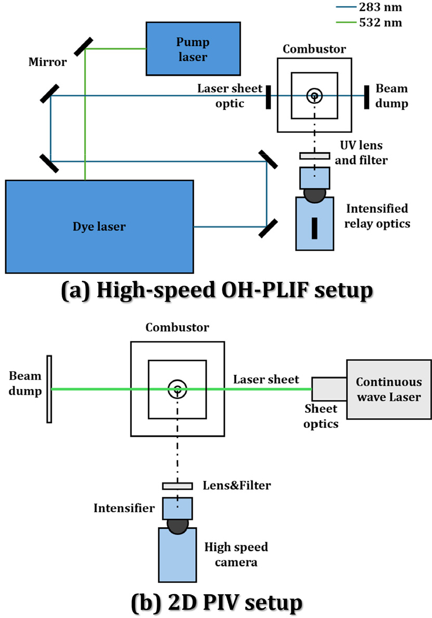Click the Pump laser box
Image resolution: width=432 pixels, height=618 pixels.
click(x=193, y=48)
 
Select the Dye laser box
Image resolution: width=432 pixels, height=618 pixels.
click(x=99, y=226)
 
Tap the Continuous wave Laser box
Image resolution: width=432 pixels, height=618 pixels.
click(x=388, y=389)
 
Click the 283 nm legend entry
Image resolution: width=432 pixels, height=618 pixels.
click(x=369, y=7)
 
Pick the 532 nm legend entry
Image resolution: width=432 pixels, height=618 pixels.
click(x=369, y=22)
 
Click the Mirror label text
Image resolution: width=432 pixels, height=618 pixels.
click(x=48, y=62)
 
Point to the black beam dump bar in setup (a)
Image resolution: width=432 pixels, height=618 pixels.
click(x=367, y=97)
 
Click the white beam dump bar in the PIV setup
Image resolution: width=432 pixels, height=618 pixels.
click(x=49, y=389)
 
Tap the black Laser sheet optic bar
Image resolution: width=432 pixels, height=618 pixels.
click(x=268, y=97)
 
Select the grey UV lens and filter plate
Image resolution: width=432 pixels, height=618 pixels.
click(x=315, y=156)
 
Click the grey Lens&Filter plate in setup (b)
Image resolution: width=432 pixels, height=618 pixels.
click(x=178, y=486)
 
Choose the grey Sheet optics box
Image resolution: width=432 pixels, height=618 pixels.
click(x=329, y=389)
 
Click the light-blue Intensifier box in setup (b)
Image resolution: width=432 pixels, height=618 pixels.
click(x=178, y=508)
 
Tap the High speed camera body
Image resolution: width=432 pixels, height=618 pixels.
click(x=178, y=555)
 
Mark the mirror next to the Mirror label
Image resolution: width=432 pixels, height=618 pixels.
click(x=83, y=47)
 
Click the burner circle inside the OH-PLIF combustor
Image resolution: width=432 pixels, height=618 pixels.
click(x=315, y=96)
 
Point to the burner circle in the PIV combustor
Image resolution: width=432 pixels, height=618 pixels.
click(x=178, y=389)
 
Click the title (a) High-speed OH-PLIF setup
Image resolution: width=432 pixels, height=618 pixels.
click(x=217, y=290)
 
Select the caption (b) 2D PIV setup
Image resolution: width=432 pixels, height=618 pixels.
click(x=217, y=603)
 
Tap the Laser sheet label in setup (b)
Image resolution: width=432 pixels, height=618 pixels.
click(x=266, y=379)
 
